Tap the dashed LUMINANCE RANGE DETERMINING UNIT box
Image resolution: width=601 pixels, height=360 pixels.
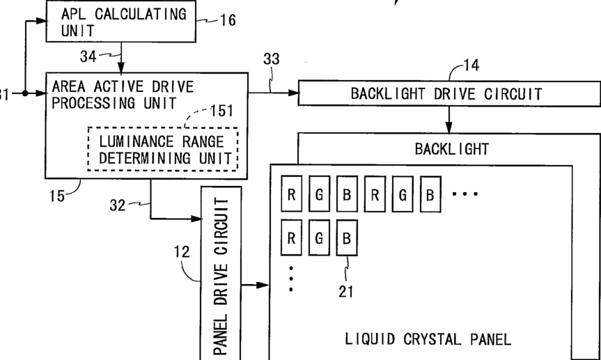click(163, 149)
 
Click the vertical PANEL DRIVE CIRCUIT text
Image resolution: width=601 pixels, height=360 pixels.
click(221, 275)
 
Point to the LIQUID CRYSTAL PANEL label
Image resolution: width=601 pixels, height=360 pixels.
click(428, 339)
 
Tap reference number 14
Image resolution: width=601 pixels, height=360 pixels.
click(471, 66)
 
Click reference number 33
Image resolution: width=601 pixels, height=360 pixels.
click(271, 60)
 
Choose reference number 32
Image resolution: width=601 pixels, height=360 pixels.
click(119, 205)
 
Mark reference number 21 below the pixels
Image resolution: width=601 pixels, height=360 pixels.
click(346, 292)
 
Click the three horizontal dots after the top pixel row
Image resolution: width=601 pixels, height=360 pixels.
click(465, 194)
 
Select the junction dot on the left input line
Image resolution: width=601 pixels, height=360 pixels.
click(25, 93)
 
